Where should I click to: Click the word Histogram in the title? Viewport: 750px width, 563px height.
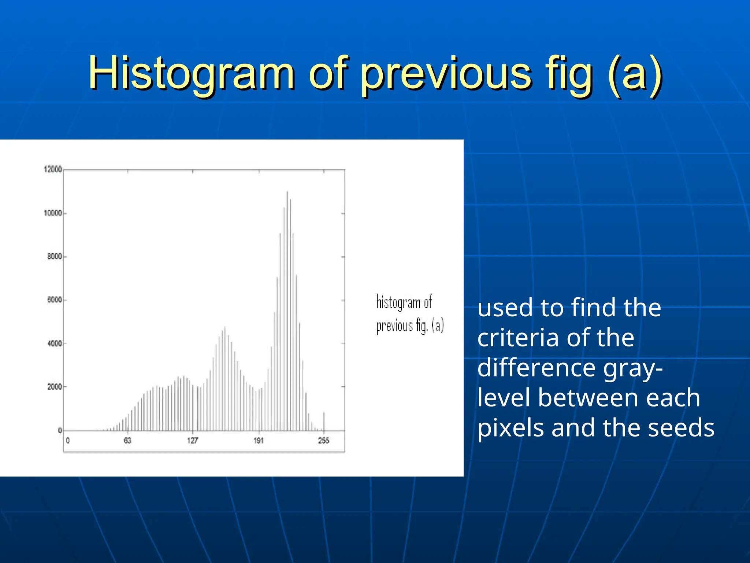point(191,73)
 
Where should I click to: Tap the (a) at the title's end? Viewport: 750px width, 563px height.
point(634,73)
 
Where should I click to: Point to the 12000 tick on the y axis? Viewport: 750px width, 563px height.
point(53,169)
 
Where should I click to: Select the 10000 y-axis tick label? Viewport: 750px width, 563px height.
point(53,213)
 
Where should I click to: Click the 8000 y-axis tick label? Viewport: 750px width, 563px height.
point(55,257)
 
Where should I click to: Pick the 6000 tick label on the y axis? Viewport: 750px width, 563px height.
point(55,300)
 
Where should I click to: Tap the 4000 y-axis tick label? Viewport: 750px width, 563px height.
point(55,343)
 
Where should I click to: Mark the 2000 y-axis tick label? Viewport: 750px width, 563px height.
point(55,387)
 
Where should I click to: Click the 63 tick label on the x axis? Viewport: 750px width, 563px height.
point(127,441)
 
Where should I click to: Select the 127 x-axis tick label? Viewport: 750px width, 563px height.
point(193,441)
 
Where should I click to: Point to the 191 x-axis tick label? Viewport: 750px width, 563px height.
point(259,441)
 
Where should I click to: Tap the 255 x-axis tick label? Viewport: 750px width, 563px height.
point(324,441)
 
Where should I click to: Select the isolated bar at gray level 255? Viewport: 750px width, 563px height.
point(324,422)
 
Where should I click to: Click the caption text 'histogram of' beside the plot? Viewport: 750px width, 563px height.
point(404,303)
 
